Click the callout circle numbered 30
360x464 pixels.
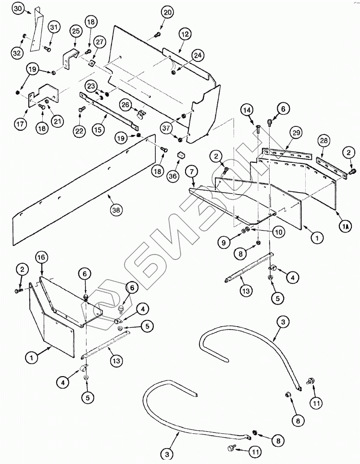pyautogui.click(x=17, y=8)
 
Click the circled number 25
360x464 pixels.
pyautogui.click(x=75, y=31)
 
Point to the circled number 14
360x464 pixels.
pyautogui.click(x=247, y=110)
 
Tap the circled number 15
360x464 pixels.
pyautogui.click(x=99, y=130)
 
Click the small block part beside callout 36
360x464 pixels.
pyautogui.click(x=182, y=155)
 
